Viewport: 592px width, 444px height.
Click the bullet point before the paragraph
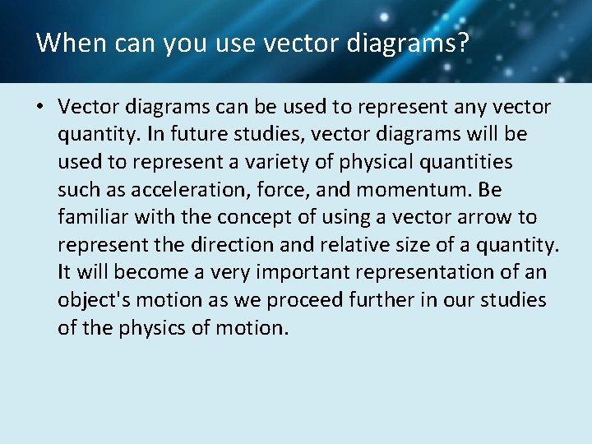point(39,107)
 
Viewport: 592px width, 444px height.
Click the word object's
point(89,300)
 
